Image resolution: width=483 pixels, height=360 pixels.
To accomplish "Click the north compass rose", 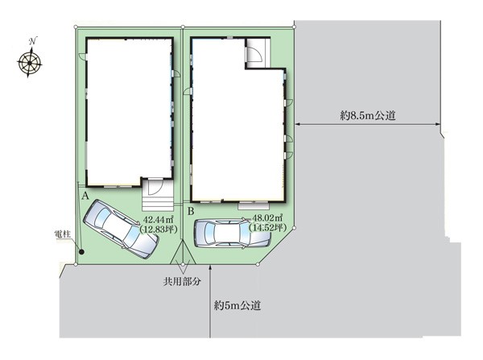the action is click(29, 63).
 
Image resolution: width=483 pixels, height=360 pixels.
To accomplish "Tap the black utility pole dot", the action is click(81, 252).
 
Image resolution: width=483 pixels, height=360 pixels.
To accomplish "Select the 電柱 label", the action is click(63, 234).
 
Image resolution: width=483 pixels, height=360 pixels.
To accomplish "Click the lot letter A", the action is click(85, 196).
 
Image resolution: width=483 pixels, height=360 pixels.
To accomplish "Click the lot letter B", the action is click(191, 212).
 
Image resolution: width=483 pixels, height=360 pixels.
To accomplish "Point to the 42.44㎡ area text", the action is click(159, 220).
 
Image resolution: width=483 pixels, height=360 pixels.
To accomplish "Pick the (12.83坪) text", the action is click(159, 230).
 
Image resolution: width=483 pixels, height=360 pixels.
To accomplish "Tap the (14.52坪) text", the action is click(268, 227).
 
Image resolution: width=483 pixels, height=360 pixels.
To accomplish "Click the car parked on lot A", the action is click(121, 229).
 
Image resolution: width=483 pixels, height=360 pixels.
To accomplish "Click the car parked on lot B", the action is click(233, 233).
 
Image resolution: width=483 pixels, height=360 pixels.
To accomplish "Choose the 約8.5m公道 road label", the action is click(368, 116).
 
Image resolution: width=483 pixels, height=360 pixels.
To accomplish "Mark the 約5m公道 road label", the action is click(237, 305).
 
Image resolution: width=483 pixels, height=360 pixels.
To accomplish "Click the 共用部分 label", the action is click(183, 281).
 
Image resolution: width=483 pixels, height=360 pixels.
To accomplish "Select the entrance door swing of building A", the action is click(156, 188).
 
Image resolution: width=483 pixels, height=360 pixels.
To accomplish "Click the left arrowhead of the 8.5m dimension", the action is click(298, 124).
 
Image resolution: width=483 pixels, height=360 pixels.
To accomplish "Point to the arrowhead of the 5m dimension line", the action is click(210, 267).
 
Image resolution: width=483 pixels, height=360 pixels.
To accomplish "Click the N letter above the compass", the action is click(33, 41).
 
